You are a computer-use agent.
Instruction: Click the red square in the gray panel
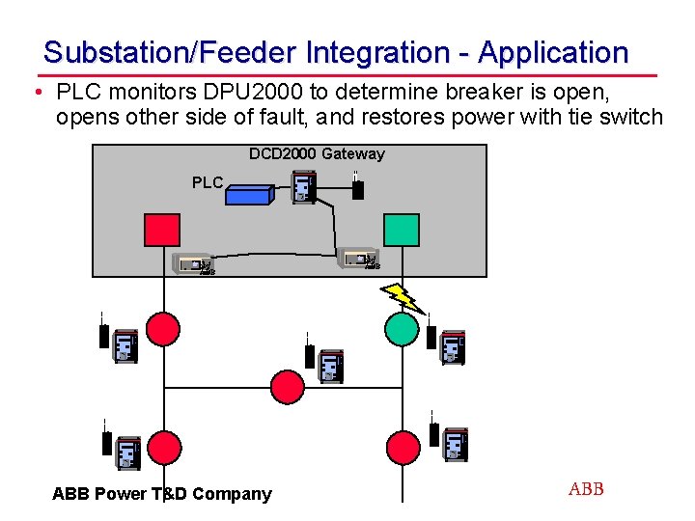162,230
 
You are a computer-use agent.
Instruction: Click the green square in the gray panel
402,230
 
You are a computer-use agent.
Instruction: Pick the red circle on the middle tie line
287,387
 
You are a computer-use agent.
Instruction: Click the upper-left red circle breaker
163,329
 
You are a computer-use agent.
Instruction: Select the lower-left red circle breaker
163,447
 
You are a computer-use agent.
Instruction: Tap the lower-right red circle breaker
403,447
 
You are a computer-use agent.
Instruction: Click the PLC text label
208,182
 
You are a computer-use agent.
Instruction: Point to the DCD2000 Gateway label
317,153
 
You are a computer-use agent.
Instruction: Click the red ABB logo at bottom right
586,489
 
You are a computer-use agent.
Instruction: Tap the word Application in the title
554,52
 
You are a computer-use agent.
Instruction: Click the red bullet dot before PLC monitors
35,94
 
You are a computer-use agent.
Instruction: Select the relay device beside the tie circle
331,365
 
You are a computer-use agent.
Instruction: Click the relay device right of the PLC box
305,186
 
